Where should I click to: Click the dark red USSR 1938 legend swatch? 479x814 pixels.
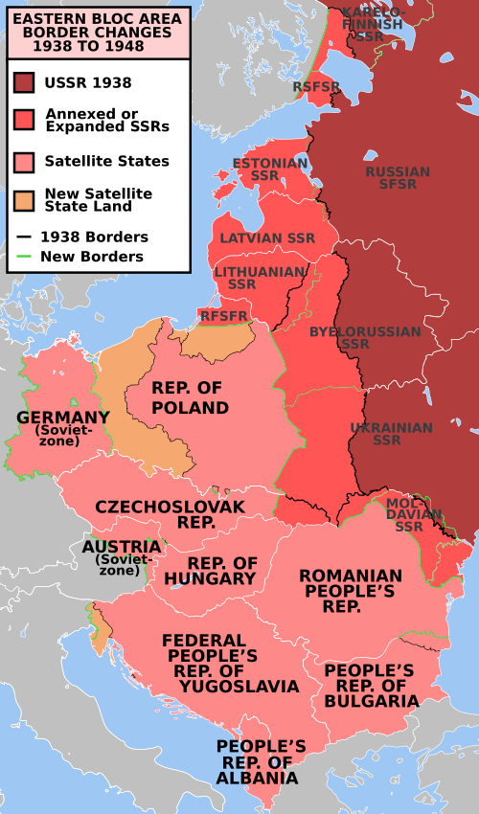coord(24,83)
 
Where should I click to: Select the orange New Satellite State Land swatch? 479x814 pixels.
coord(24,199)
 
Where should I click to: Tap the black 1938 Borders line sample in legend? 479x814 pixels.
coord(24,237)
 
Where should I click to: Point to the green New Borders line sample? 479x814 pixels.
coord(24,257)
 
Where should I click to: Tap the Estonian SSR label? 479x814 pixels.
coord(269,170)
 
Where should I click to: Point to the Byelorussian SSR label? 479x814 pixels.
coord(365,337)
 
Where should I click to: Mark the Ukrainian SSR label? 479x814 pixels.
coord(390,434)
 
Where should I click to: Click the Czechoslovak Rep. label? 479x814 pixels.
coord(170,514)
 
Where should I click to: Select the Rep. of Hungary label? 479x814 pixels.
coord(221,571)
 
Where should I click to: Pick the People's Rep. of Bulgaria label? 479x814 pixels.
coord(371,685)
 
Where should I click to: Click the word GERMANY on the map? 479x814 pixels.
coord(62,418)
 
